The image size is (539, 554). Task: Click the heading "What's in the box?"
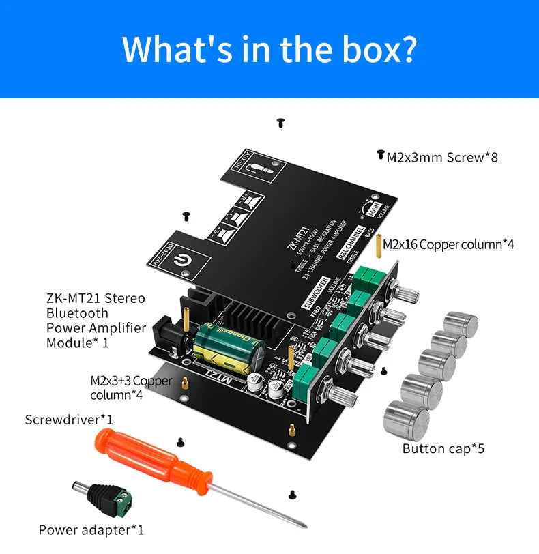(269, 48)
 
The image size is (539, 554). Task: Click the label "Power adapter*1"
(91, 529)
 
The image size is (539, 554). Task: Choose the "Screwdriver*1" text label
(69, 419)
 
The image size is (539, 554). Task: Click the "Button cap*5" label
(443, 448)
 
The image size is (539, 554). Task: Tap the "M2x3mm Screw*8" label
(442, 158)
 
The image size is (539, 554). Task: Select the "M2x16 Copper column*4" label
(448, 244)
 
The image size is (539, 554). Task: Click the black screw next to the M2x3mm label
(381, 155)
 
